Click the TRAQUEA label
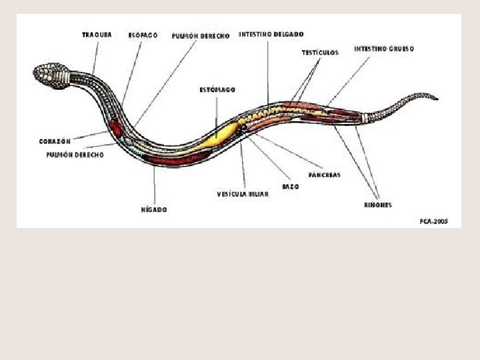point(97,34)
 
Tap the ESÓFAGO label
point(143,35)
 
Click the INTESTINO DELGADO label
point(271,34)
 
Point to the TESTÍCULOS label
point(320,52)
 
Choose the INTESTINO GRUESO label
point(384,49)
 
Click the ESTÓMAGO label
point(217,89)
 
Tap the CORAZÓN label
point(55,141)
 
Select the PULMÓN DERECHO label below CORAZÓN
point(75,154)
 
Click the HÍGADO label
point(154,209)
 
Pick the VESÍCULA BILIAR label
point(243,195)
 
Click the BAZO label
point(290,187)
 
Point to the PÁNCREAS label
point(325,175)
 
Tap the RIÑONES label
point(378,205)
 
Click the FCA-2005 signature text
point(434,221)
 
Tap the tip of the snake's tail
point(437,98)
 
